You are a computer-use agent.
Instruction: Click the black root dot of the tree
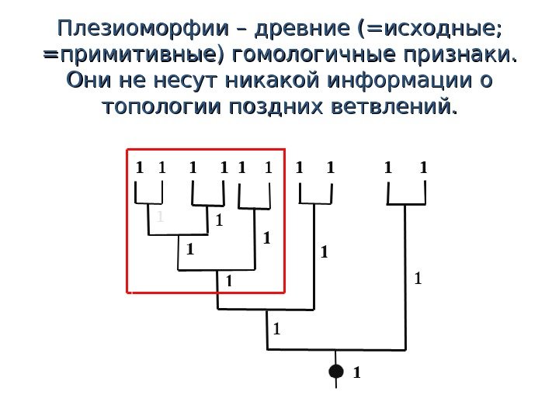(335, 372)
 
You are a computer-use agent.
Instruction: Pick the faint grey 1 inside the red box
(159, 217)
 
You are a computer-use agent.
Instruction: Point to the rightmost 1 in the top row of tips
(424, 166)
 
